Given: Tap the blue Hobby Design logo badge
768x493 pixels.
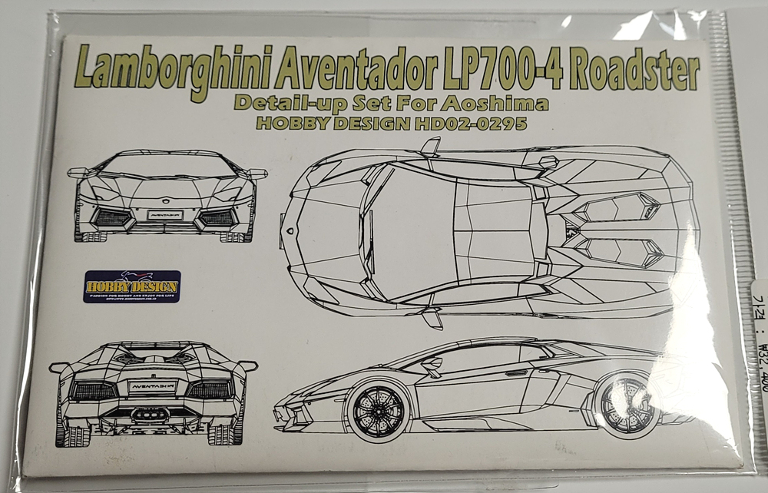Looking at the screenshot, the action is click(131, 286).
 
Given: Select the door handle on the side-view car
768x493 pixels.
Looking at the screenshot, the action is click(516, 373).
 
